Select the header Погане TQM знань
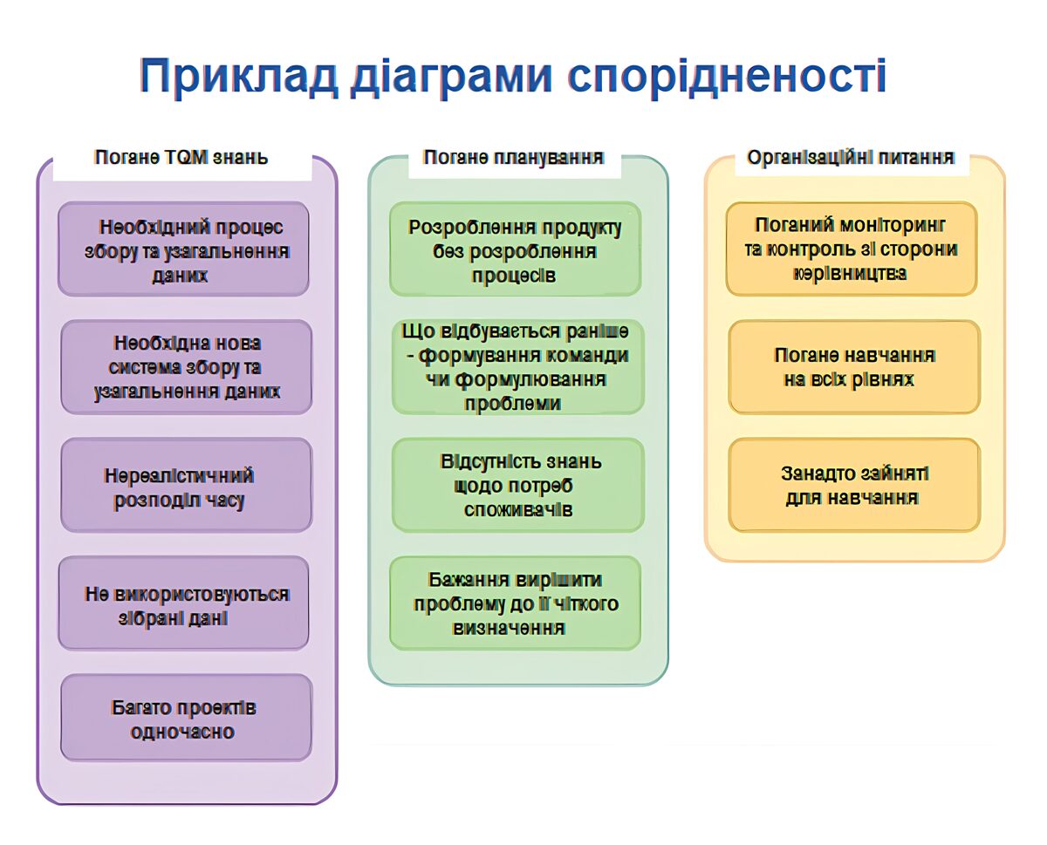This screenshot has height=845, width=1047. (x=181, y=158)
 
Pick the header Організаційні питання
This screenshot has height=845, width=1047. (x=850, y=158)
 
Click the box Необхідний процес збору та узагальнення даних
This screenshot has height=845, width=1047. (x=184, y=249)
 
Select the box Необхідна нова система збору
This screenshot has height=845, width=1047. (x=186, y=367)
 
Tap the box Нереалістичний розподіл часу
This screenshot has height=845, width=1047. (x=186, y=486)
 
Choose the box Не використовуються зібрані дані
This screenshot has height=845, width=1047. (x=184, y=603)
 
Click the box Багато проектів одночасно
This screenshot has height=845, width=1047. (x=186, y=719)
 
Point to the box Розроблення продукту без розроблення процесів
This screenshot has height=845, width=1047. (x=515, y=249)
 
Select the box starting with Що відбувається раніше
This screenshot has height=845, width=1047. (x=517, y=367)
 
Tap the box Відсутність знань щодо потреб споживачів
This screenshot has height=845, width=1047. (x=517, y=486)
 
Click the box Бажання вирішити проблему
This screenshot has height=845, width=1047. (x=515, y=603)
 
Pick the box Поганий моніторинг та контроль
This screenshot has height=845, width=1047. (x=852, y=249)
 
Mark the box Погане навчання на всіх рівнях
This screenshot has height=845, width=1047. (x=853, y=367)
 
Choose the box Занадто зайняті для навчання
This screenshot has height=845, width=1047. (x=853, y=486)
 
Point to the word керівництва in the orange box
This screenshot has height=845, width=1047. (x=850, y=273)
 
